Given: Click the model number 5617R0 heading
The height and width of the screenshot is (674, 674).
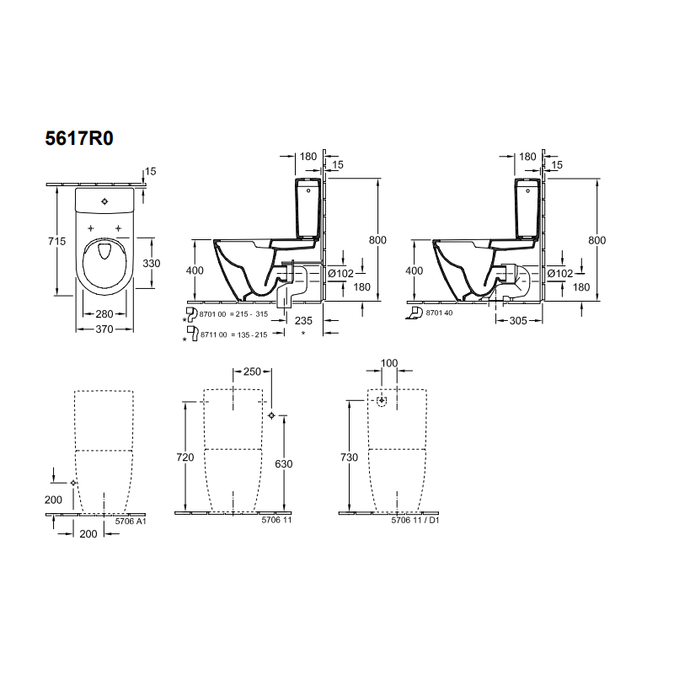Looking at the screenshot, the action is tap(79, 138).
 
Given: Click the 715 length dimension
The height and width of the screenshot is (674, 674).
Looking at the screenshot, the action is tap(56, 241).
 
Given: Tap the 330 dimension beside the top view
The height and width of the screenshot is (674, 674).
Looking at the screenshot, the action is tap(152, 263).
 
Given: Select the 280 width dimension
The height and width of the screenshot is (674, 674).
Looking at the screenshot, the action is tap(104, 313).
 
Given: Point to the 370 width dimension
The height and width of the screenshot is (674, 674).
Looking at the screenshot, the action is tap(104, 329).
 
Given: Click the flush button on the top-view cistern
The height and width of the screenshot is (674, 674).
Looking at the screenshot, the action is tap(104, 201).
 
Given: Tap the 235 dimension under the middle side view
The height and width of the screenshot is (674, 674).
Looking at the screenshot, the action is tap(303, 321).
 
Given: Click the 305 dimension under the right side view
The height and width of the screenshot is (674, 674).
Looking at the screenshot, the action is tap(518, 321).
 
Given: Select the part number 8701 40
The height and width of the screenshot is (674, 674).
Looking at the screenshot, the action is tap(439, 313).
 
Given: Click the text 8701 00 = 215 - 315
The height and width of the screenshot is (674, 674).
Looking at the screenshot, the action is tap(233, 314).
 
